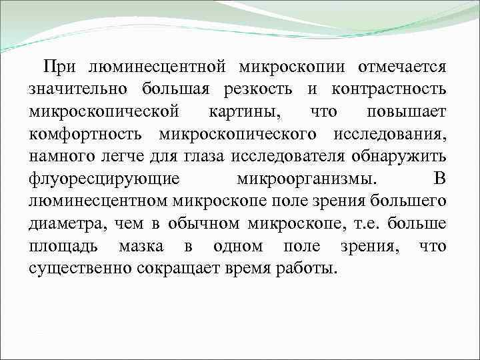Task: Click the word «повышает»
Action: point(407,113)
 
